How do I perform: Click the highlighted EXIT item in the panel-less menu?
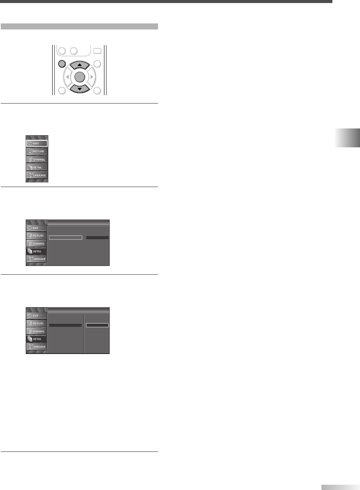(x=37, y=143)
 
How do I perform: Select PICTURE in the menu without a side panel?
(x=37, y=151)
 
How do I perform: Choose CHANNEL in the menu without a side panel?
(x=37, y=159)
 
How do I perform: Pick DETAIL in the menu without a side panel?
(x=37, y=167)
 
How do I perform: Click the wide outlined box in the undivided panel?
(x=65, y=237)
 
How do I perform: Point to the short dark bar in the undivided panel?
(x=97, y=237)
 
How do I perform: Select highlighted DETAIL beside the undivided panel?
(x=37, y=251)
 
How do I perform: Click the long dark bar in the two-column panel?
(x=65, y=325)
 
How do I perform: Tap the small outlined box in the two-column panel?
(x=97, y=325)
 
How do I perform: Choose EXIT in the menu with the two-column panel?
(x=37, y=315)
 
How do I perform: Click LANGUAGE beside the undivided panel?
(x=37, y=259)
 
